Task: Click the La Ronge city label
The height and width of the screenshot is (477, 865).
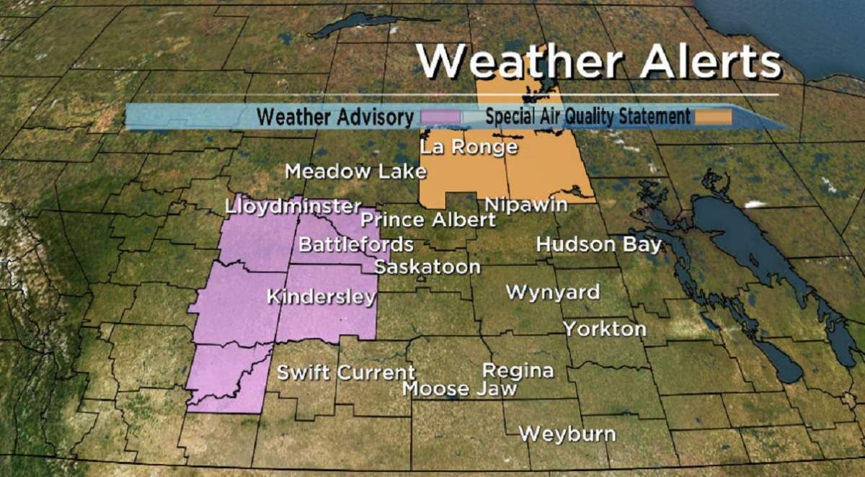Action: (x=469, y=148)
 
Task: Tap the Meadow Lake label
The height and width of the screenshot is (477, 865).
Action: (x=355, y=172)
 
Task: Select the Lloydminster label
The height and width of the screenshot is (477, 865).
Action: (x=292, y=207)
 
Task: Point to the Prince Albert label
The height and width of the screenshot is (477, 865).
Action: (x=428, y=220)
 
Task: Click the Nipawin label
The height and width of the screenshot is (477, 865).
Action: (x=525, y=205)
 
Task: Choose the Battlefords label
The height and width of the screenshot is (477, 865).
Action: (x=355, y=244)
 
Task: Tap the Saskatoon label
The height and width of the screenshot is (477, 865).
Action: (x=427, y=267)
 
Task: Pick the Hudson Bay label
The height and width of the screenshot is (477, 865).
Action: (x=598, y=245)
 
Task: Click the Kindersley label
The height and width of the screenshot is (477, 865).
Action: (x=321, y=297)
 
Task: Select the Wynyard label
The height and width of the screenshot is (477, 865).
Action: (x=552, y=293)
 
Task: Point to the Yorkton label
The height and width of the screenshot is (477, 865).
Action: (x=604, y=329)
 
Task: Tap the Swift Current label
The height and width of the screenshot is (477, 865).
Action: (x=346, y=373)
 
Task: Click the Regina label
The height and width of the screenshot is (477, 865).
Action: (x=518, y=371)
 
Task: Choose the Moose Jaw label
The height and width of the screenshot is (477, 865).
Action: (x=459, y=389)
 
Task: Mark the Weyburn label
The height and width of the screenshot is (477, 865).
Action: (x=567, y=434)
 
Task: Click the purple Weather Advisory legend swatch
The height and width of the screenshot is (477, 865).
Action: (x=441, y=116)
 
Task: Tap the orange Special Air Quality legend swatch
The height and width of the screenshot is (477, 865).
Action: (x=713, y=116)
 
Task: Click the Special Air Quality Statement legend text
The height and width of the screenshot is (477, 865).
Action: (x=587, y=116)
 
